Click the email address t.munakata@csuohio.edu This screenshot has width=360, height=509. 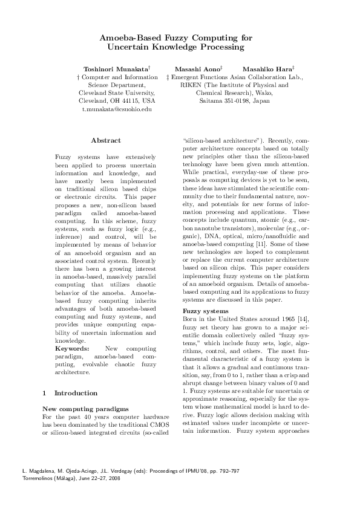click(117, 109)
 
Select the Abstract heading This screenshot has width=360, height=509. click(106, 140)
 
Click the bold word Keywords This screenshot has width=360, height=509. click(72, 349)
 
